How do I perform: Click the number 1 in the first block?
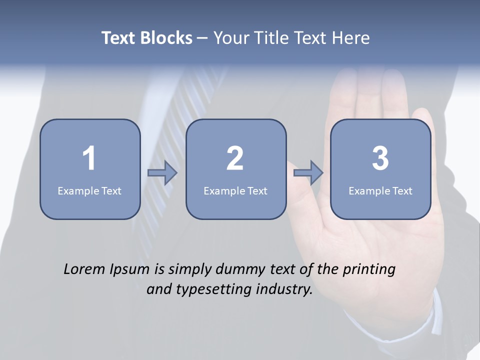tap(89, 158)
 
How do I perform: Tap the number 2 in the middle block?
tap(235, 158)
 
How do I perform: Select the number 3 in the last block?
tap(380, 158)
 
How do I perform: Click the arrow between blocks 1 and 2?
tap(162, 173)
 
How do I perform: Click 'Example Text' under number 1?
tap(89, 190)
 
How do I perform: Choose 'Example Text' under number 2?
tap(235, 190)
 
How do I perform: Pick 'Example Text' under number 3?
tap(380, 190)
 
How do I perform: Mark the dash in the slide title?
tap(202, 38)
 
